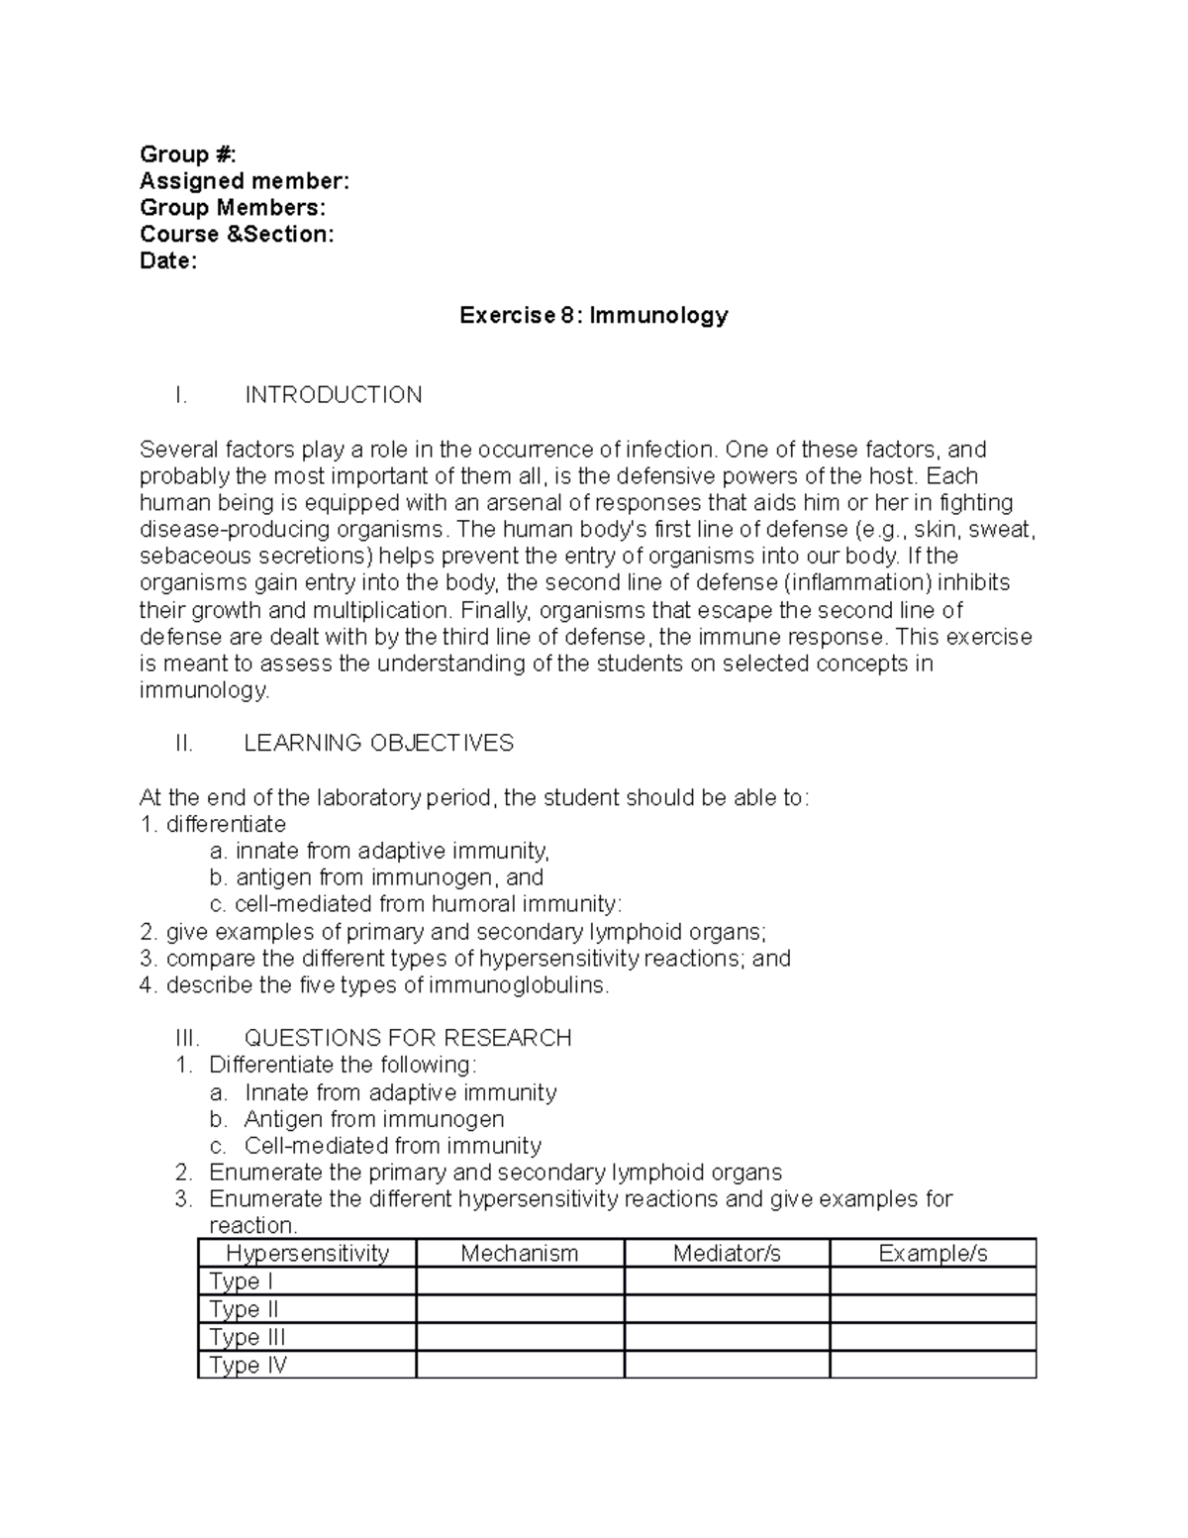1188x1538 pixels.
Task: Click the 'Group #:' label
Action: point(188,154)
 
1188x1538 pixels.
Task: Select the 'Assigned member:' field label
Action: point(245,180)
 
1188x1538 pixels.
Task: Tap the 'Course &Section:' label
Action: point(237,234)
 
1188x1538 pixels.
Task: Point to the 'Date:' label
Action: point(168,260)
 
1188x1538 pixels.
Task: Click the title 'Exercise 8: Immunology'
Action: point(593,315)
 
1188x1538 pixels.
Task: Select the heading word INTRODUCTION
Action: point(333,395)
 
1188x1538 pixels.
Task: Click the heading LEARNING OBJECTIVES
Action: point(378,743)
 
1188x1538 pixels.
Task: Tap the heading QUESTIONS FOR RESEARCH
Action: point(407,1037)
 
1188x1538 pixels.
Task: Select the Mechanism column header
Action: point(519,1253)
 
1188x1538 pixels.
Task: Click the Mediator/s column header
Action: point(727,1253)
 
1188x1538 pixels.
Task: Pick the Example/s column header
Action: point(933,1253)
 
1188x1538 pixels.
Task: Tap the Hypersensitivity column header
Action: point(307,1253)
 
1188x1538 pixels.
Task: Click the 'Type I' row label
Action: point(242,1281)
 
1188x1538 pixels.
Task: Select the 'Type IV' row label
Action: point(248,1365)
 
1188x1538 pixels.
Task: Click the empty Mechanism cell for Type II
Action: point(520,1309)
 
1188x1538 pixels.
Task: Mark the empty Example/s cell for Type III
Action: point(933,1337)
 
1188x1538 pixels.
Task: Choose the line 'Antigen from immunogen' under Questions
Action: point(374,1119)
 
